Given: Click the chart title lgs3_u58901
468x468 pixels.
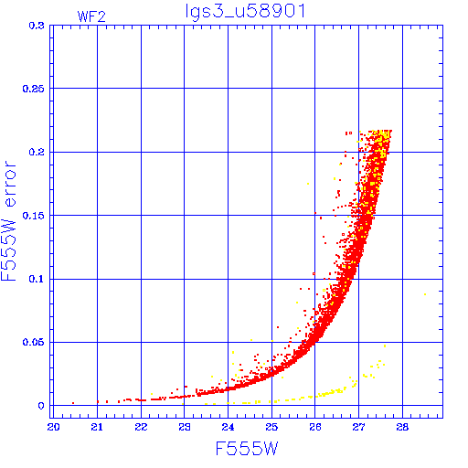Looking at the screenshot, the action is (245, 12).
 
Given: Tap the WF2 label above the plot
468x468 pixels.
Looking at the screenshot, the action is (91, 16).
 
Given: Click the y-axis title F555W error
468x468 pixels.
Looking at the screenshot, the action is (8, 220).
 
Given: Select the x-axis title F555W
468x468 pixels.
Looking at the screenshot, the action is (247, 449).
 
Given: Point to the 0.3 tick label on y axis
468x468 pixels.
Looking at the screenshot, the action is (37, 26).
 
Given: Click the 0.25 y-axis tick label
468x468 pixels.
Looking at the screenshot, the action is (33, 89).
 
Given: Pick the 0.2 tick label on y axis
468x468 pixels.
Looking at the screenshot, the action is (37, 152).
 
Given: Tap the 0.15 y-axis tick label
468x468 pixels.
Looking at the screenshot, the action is (33, 216).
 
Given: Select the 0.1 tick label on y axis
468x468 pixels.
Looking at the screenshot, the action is (37, 279).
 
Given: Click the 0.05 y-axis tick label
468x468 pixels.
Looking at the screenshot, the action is (33, 342).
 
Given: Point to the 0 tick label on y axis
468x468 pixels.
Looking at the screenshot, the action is (41, 406).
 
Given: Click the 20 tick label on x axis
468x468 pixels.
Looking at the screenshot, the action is (53, 427).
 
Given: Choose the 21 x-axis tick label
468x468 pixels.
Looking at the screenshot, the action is (97, 427).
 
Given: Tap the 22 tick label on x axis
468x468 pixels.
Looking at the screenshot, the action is (141, 427).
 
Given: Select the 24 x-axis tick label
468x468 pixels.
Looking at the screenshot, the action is (228, 427).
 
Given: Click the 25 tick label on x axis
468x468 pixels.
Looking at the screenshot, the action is (271, 427).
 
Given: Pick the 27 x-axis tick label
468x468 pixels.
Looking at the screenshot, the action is (358, 427).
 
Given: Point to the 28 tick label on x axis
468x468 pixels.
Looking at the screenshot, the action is (402, 427).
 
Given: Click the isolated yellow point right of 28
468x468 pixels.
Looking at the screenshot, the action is (425, 294).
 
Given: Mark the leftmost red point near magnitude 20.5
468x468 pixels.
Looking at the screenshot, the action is (73, 403).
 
